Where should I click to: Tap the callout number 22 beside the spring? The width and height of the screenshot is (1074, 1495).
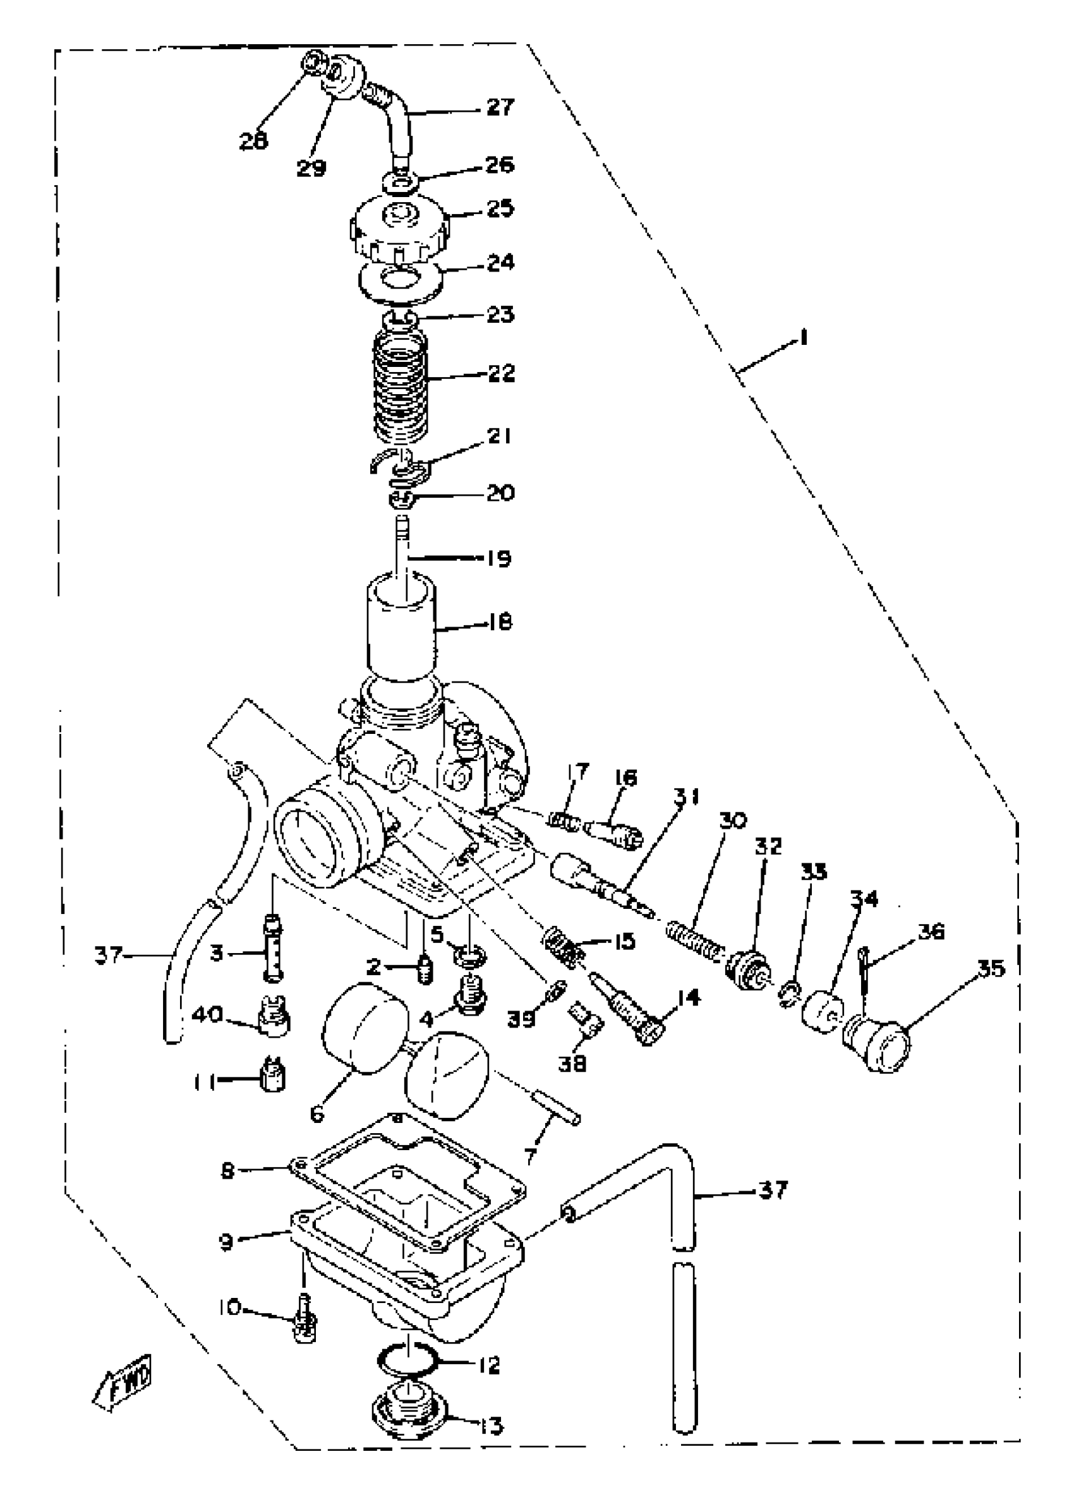tap(501, 373)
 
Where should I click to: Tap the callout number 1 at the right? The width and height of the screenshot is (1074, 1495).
tap(803, 339)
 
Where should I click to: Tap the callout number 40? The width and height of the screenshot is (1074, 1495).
tap(207, 1014)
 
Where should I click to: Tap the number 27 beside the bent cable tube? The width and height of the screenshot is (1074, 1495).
tap(500, 107)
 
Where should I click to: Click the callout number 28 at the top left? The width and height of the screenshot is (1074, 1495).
tap(254, 140)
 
